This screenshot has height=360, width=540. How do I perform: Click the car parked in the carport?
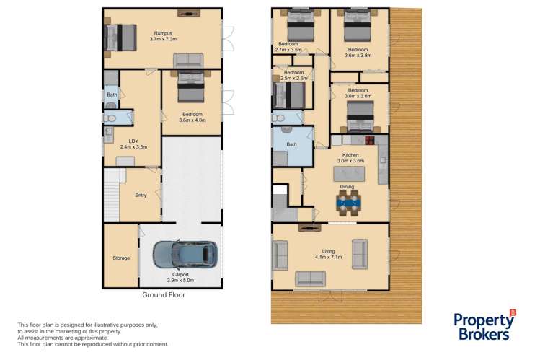click(x=185, y=255)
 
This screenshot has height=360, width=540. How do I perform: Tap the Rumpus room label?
click(x=163, y=33)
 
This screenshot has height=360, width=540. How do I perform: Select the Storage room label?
click(x=121, y=258)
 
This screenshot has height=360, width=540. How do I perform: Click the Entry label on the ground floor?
click(x=141, y=195)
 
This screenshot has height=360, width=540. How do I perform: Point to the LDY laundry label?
click(x=133, y=141)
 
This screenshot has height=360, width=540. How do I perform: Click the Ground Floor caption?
click(x=164, y=295)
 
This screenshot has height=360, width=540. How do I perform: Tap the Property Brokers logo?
click(x=484, y=325)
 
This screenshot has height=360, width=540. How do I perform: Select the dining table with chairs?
click(x=349, y=203)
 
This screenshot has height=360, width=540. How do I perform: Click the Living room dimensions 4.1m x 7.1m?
click(x=329, y=257)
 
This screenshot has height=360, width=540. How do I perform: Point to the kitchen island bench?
click(x=349, y=174)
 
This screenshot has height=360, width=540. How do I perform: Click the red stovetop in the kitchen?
click(x=370, y=140)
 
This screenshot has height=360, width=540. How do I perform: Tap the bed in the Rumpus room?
click(x=120, y=38)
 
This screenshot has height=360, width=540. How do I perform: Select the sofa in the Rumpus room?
click(x=188, y=61)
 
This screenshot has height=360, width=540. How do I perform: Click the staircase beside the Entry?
click(x=112, y=195)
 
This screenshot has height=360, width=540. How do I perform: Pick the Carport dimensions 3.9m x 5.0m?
click(x=180, y=281)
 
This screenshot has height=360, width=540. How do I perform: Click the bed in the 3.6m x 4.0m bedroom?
click(x=190, y=87)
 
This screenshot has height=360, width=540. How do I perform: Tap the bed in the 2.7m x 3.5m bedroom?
click(x=301, y=25)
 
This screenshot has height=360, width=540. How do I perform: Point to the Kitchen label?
click(x=350, y=155)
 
